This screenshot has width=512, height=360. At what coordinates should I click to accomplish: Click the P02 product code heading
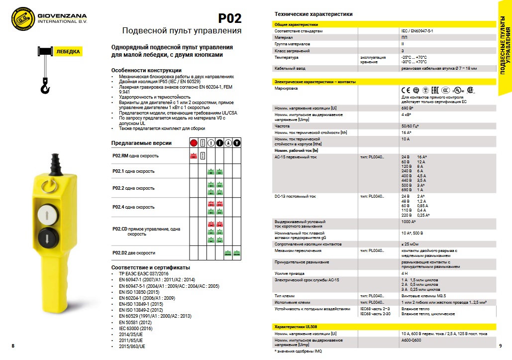tap(230, 18)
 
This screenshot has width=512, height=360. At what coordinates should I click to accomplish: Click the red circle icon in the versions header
tap(194, 143)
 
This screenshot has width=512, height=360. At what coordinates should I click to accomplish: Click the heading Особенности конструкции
tap(146, 70)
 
